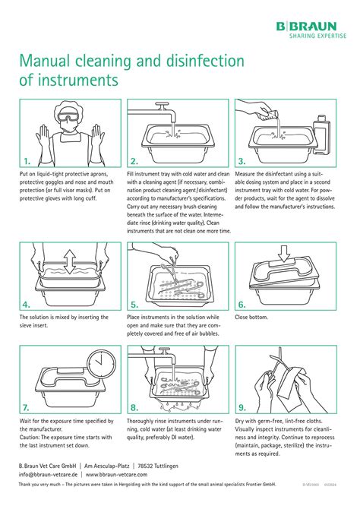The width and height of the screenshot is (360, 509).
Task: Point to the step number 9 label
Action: point(242,407)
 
